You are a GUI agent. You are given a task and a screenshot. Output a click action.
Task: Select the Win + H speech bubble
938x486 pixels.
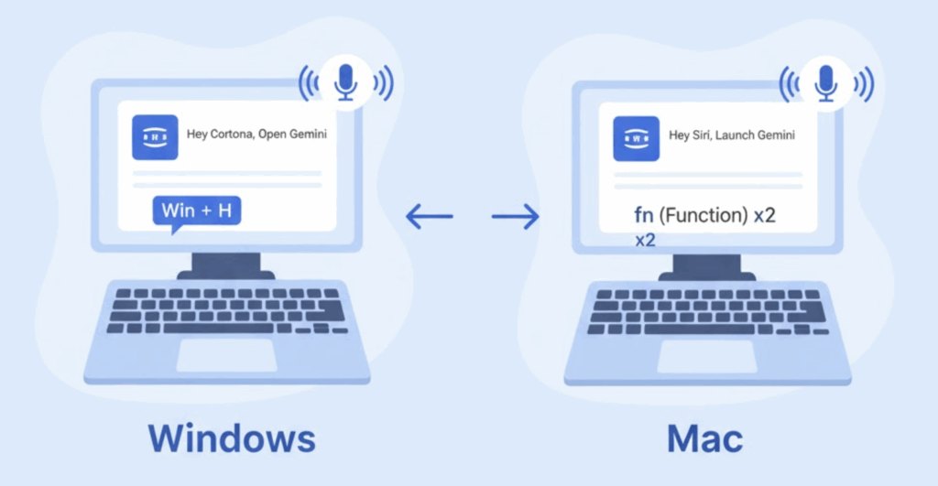[196, 211]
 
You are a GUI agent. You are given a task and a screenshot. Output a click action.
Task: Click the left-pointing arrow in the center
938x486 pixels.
[429, 217]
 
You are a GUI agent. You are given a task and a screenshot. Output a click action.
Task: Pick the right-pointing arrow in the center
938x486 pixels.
[515, 217]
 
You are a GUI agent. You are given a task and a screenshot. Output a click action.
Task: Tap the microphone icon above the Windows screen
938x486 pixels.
[345, 82]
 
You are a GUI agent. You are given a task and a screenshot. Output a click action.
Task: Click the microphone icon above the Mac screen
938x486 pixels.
[826, 82]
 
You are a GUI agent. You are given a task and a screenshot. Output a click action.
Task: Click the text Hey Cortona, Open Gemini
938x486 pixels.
[256, 135]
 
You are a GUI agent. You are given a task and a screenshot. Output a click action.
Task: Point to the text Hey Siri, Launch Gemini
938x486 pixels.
[732, 135]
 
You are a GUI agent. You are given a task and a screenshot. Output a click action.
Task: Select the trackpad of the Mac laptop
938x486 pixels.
[706, 357]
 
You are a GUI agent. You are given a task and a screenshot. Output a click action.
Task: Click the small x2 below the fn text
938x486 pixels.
[645, 240]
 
